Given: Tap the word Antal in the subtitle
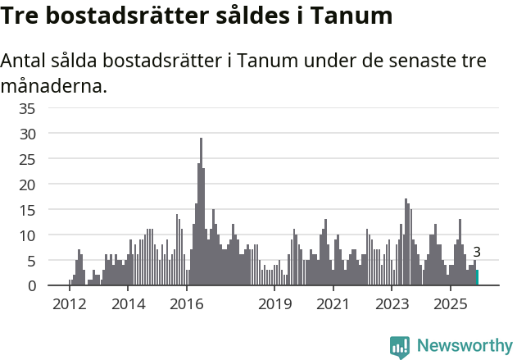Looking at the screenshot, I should (27, 62).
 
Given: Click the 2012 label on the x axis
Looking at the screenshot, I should (70, 304).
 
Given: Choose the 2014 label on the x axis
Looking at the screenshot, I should (128, 304).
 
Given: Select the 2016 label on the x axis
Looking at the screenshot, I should (187, 304).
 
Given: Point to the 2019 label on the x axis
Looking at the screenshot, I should (274, 304).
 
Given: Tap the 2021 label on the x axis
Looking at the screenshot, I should (333, 304).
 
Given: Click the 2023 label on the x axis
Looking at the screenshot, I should (392, 304).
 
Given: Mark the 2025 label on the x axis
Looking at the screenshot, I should (450, 304).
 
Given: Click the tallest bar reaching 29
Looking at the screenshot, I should (201, 213).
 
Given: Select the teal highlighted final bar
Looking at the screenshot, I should (477, 278).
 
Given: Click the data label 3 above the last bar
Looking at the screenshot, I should (477, 253).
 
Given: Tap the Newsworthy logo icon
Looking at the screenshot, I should (400, 346).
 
